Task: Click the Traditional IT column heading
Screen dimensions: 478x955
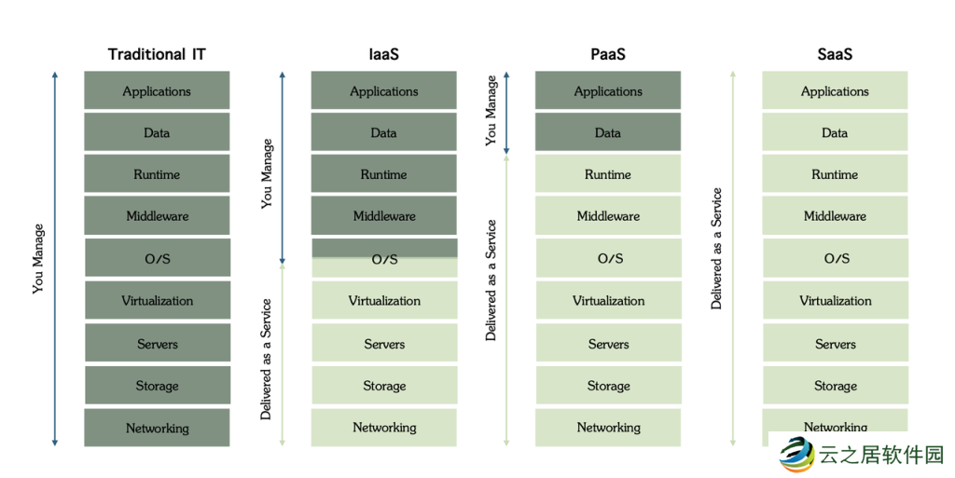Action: coord(157,54)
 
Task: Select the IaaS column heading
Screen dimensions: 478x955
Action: coord(383,54)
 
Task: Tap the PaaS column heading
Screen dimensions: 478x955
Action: coord(607,54)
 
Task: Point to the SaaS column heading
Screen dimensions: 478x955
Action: coord(835,54)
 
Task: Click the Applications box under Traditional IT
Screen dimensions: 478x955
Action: coord(157,91)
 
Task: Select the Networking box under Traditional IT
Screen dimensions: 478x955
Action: coord(157,429)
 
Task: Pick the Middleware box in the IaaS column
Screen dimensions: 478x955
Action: coord(384,216)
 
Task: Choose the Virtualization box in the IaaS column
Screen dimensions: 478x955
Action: coord(384,301)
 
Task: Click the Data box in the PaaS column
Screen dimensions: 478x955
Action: coord(608,133)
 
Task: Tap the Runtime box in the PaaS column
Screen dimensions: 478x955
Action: coord(608,174)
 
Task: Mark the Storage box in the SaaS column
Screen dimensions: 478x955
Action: coord(835,386)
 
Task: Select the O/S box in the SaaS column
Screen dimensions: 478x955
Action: coord(836,259)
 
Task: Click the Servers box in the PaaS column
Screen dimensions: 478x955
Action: coord(608,344)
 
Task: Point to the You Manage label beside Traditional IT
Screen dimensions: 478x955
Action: coord(38,258)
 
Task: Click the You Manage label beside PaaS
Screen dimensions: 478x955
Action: coord(491,111)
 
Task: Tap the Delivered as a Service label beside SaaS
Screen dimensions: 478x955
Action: coord(716,249)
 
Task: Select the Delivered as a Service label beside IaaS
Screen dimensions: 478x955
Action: coord(266,359)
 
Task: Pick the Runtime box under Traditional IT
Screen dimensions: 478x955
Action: coord(157,174)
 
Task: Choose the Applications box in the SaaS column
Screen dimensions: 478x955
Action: coord(835,91)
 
